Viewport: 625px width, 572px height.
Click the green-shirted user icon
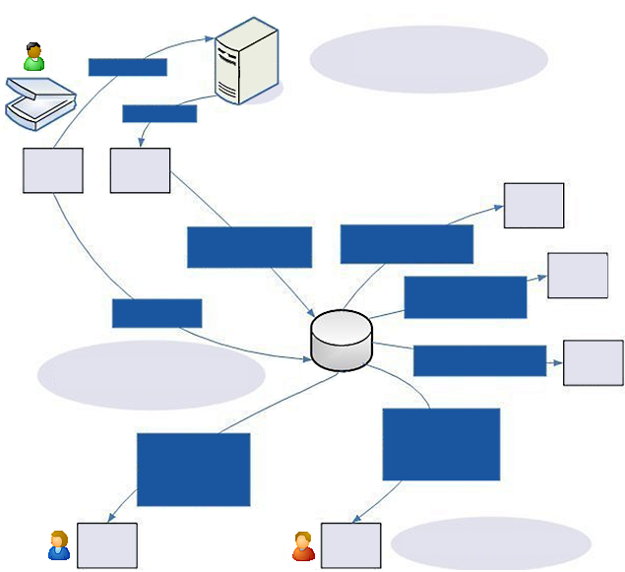(34, 57)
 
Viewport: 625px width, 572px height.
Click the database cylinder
(341, 341)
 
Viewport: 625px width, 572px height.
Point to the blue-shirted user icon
(59, 545)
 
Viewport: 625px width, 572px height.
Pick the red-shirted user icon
(303, 545)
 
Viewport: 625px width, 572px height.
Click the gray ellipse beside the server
(428, 60)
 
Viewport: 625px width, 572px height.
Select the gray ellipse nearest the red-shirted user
(490, 543)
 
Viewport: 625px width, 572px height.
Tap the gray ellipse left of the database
(152, 375)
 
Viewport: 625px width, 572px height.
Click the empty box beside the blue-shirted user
(106, 545)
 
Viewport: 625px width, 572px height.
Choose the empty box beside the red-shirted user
(350, 545)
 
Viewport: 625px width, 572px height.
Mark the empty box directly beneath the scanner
(52, 170)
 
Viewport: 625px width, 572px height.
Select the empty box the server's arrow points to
(140, 170)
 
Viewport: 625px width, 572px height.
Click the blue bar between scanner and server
(127, 67)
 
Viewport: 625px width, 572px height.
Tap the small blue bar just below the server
(159, 113)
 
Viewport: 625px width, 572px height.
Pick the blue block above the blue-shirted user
(193, 470)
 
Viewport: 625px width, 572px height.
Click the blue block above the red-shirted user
(441, 444)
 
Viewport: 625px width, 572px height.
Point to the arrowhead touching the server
(211, 39)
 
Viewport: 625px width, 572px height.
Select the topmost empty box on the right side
(533, 205)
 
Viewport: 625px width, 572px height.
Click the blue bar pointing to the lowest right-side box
(479, 360)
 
